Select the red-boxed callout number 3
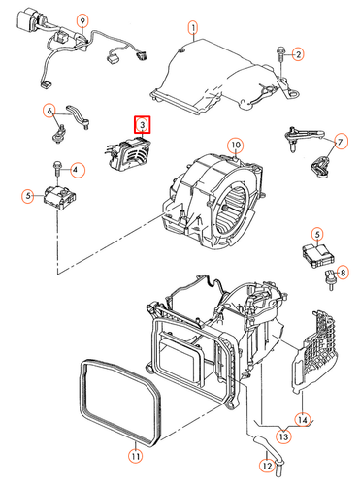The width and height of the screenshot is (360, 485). tap(142, 124)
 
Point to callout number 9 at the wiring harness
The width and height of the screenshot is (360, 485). tap(82, 20)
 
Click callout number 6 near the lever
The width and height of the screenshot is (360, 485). tap(49, 113)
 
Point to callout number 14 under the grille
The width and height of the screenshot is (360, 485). tap(303, 419)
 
